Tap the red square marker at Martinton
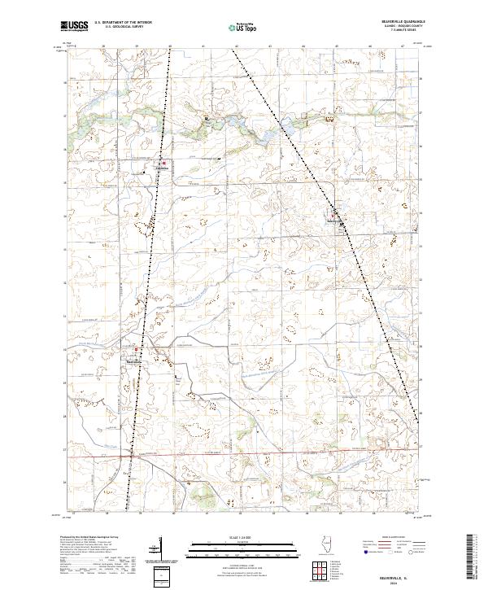pos(137,350)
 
